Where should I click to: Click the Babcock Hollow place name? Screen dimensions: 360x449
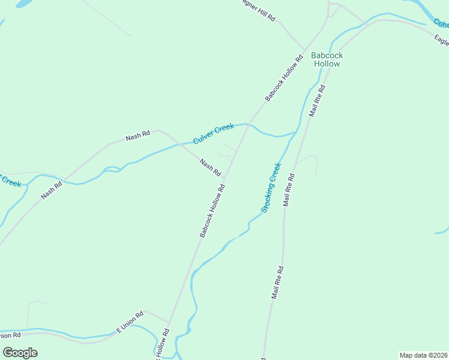(x=327, y=59)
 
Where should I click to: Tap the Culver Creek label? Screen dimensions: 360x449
(x=213, y=133)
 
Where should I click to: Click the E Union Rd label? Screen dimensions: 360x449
(x=130, y=322)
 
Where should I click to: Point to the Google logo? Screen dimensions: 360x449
(x=20, y=353)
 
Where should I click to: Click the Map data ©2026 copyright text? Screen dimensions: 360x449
(x=423, y=355)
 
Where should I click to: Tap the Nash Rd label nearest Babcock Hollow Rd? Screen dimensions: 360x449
(x=210, y=167)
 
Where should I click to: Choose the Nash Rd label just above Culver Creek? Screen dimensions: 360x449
(x=137, y=137)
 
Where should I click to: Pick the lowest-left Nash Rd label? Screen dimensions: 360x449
(x=52, y=191)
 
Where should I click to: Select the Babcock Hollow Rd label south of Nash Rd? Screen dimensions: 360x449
(x=212, y=211)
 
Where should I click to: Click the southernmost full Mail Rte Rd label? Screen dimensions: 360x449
(x=277, y=283)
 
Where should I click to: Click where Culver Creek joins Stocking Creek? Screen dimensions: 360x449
(x=297, y=132)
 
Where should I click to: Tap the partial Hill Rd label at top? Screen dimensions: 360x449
(x=258, y=10)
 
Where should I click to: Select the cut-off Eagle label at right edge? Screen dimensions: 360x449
(x=441, y=40)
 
